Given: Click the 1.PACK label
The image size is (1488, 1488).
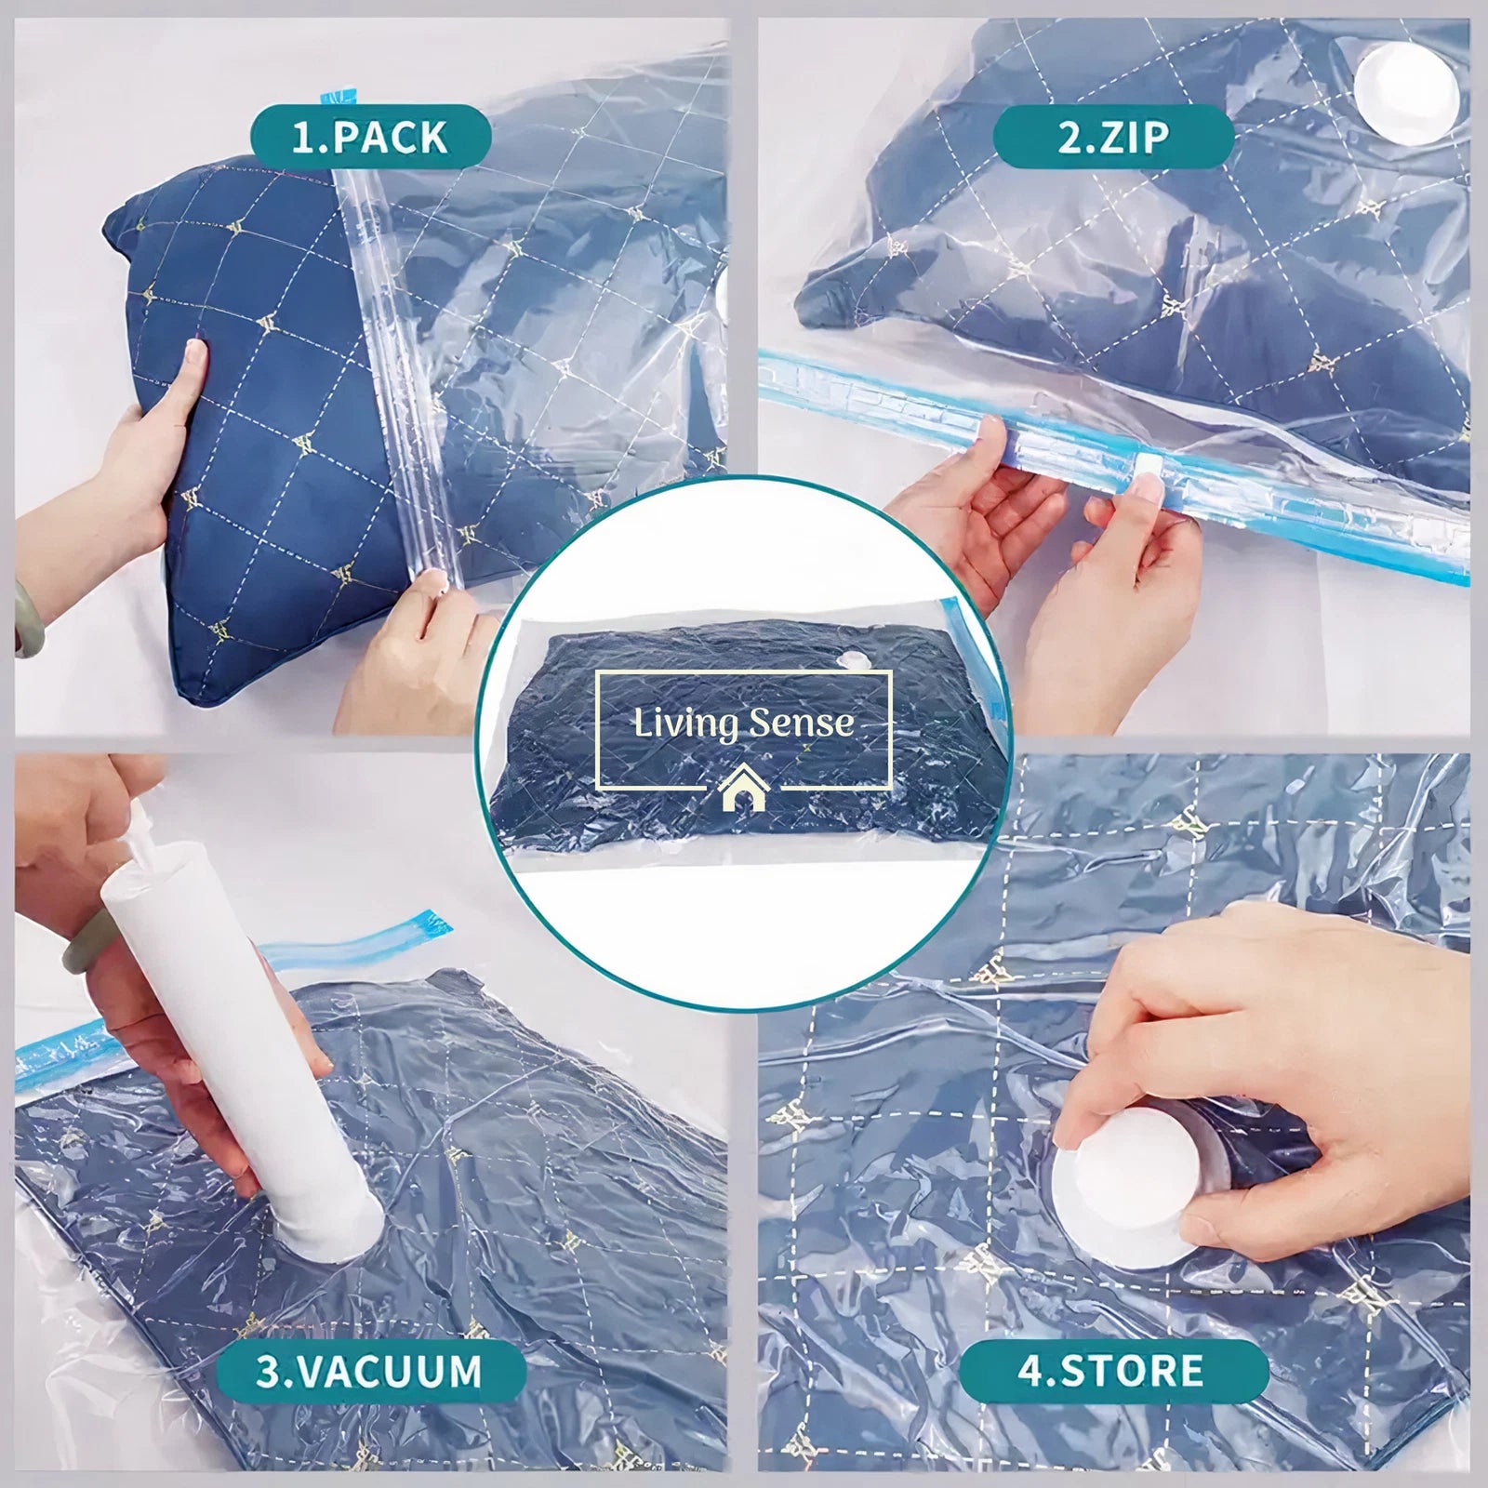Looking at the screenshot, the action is coord(370,137).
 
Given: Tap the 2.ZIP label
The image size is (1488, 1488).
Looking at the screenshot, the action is coord(1113,137).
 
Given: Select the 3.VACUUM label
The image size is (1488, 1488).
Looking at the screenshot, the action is coord(369,1371).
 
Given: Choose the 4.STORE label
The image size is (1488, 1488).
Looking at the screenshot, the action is coord(1113,1371).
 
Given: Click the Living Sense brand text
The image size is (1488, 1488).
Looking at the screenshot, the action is coord(743,723).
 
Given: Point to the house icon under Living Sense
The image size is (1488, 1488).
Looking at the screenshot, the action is coord(742,789).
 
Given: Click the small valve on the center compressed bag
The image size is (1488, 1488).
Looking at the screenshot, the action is coord(851,658).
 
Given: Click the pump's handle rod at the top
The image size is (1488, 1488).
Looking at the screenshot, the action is coord(139,817).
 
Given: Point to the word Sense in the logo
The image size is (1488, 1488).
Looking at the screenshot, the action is coord(801,723).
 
